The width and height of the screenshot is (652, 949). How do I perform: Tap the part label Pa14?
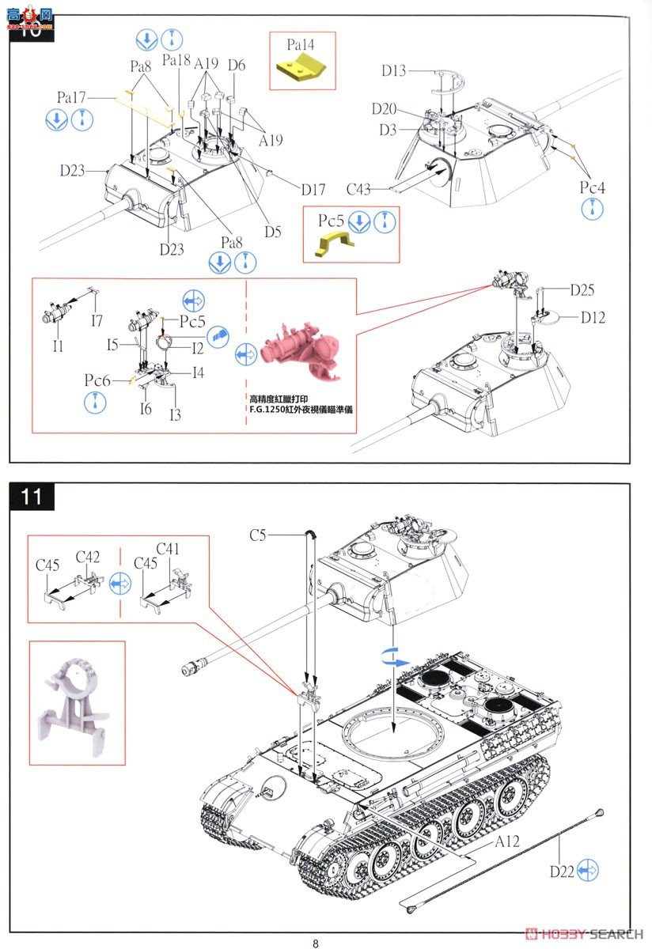tap(301, 45)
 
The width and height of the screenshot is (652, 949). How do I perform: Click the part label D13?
tap(393, 71)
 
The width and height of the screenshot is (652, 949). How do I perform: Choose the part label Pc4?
tap(592, 187)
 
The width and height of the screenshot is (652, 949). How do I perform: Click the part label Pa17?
tap(71, 97)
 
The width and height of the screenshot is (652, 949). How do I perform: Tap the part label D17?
tap(313, 189)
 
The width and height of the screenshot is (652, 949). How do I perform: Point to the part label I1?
tap(59, 346)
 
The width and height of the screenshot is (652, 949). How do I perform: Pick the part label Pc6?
tap(98, 380)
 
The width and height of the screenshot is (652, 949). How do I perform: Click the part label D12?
tap(593, 317)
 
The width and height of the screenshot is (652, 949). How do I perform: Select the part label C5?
tap(258, 535)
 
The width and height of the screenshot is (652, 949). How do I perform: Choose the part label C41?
tap(168, 550)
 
